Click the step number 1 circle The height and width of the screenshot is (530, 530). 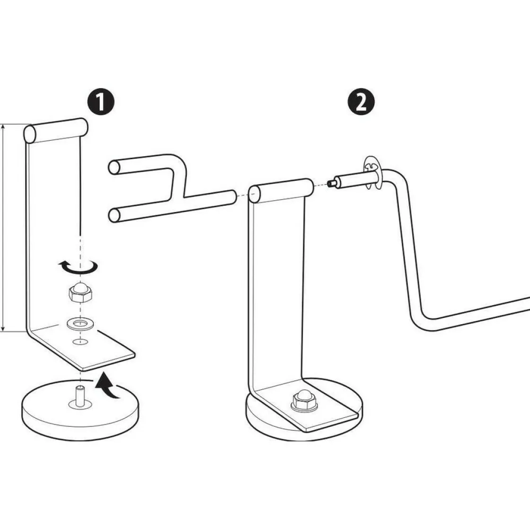click(x=101, y=101)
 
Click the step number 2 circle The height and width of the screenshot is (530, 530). click(x=362, y=101)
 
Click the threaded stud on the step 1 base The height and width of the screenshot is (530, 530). click(x=80, y=396)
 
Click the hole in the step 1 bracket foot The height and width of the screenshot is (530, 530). click(x=80, y=341)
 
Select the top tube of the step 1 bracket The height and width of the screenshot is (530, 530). click(x=56, y=131)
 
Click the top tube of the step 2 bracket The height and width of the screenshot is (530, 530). click(x=281, y=191)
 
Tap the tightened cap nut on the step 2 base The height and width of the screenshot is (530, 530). click(x=304, y=401)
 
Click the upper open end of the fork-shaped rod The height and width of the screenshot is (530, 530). click(x=114, y=168)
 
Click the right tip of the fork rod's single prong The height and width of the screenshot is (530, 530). click(x=234, y=197)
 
